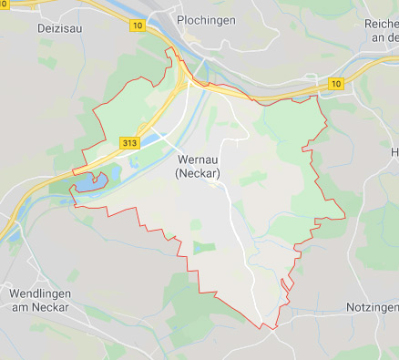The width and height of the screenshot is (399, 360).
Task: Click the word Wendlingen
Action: click(x=42, y=294)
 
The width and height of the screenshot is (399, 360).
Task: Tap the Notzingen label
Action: click(x=372, y=308)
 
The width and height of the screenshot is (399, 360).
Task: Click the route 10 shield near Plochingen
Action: click(x=138, y=26)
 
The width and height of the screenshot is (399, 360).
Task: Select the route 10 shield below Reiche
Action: click(x=336, y=84)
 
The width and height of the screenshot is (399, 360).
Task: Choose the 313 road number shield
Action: click(x=128, y=143)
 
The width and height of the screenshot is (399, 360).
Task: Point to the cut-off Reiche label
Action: click(x=381, y=23)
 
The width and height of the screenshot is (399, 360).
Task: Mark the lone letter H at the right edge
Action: click(x=394, y=151)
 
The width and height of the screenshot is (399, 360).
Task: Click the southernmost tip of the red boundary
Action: click(x=262, y=327)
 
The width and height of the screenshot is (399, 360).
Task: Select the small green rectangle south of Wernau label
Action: click(x=205, y=247)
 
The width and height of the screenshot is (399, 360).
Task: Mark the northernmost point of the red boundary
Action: click(x=168, y=49)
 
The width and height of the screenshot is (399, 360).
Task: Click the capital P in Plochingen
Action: click(x=181, y=20)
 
